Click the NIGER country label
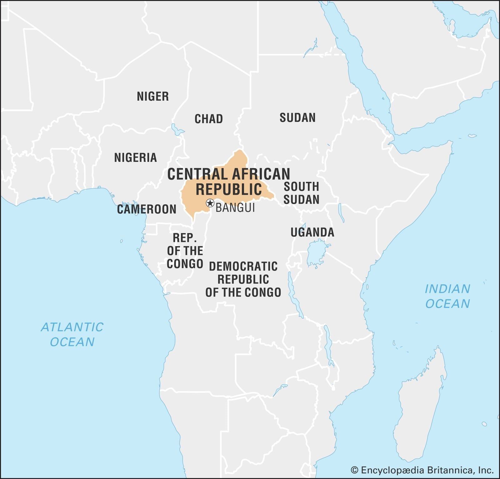pos(153,96)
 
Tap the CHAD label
pos(208,119)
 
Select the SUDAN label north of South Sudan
pos(297,118)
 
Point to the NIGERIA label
pos(135,157)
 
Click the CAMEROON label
pos(147,209)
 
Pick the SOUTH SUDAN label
pos(301,193)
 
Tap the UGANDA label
pos(312,232)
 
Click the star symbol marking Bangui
pos(210,203)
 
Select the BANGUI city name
pos(235,208)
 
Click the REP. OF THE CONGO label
pos(185,251)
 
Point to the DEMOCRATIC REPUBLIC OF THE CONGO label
pos(243,279)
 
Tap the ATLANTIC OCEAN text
pos(72,334)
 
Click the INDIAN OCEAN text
pos(447,296)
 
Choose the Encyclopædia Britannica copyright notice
pos(422,470)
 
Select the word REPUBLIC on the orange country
pos(229,189)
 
